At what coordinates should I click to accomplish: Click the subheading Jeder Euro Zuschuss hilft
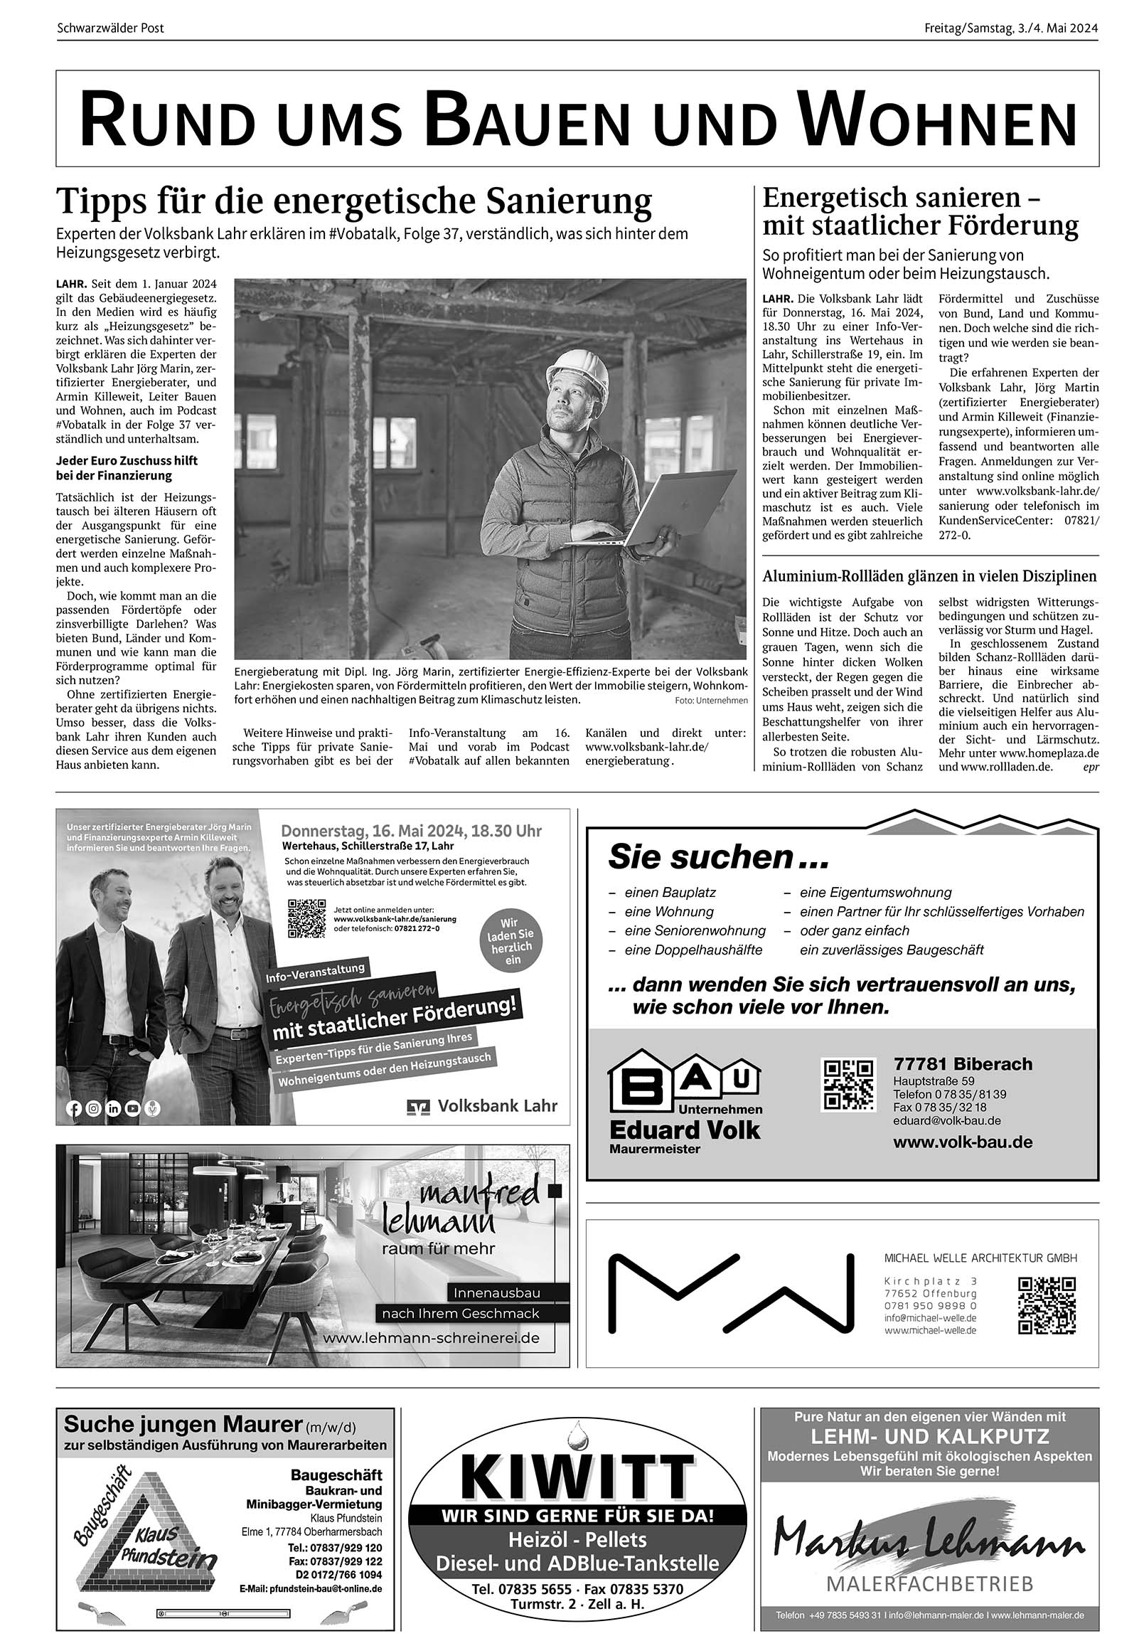[x=127, y=460]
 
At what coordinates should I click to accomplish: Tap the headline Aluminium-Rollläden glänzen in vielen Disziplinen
[x=929, y=575]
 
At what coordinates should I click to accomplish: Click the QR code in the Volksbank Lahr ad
[x=306, y=918]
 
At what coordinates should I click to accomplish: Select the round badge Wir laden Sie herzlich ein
[x=511, y=940]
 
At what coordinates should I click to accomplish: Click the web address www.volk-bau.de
[x=963, y=1142]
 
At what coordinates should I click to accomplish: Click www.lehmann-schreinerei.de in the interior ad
[x=431, y=1338]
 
